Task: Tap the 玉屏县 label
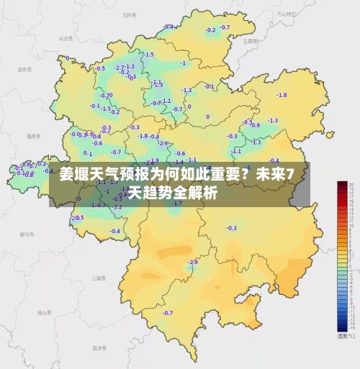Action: coord(250,41)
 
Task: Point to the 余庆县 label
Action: coord(66,38)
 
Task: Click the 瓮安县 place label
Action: coord(24,70)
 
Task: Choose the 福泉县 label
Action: coord(32,135)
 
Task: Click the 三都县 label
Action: coord(97,276)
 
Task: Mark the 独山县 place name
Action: coord(44,311)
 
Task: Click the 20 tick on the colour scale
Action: coord(351,186)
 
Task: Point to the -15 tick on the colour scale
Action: coord(351,328)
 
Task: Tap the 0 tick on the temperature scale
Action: coord(351,268)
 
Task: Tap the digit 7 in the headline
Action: coord(289,174)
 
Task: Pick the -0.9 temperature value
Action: coord(256,124)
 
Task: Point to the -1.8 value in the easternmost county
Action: coord(282,95)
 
